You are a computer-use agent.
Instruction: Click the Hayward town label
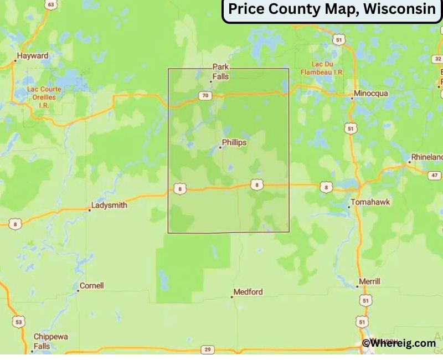point(33,56)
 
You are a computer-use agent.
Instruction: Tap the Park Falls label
point(220,72)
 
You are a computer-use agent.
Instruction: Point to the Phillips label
point(234,143)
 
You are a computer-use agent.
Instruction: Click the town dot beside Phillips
point(220,147)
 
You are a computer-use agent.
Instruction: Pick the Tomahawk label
point(370,202)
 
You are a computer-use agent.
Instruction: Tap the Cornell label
point(92,286)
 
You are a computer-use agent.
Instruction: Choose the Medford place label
point(248,292)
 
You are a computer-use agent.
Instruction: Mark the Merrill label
point(369,281)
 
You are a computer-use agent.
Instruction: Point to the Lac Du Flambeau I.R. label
point(320,68)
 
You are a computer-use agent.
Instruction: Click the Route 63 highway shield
point(51,5)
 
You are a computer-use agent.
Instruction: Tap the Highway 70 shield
point(205,96)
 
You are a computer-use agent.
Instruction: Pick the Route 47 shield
point(435,176)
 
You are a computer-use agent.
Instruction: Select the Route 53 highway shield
point(19,322)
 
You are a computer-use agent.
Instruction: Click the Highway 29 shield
point(208,349)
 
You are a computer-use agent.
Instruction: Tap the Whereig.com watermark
point(399,343)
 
